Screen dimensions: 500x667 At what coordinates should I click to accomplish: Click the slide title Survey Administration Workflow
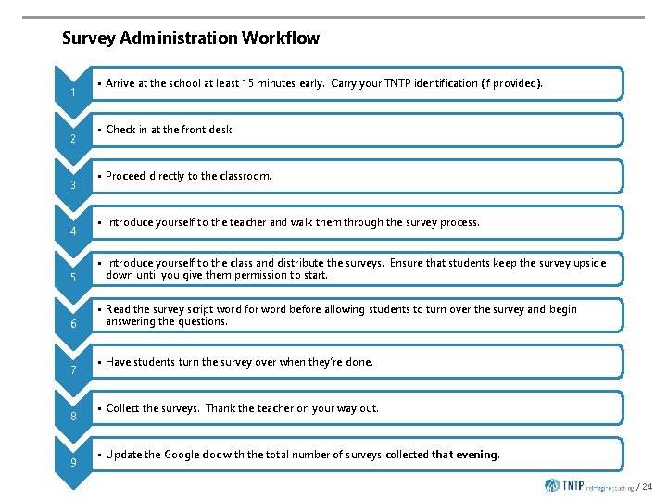coord(190,38)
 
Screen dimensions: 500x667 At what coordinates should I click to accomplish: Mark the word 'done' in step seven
coord(358,362)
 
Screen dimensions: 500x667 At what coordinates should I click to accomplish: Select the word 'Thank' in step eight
coord(221,408)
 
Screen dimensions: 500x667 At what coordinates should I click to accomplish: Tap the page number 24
coord(647,486)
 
